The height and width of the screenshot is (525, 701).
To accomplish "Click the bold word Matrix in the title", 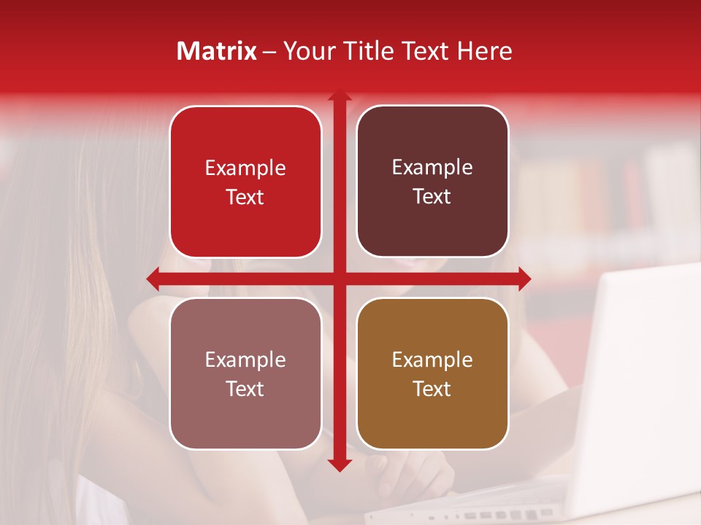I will [x=217, y=51].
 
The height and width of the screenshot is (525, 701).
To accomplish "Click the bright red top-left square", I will [x=245, y=182].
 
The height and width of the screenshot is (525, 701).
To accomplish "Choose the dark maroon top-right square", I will [x=432, y=182].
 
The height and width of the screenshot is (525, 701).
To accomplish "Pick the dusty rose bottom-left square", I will [x=245, y=373].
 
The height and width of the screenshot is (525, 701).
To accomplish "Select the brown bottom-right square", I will [x=432, y=373].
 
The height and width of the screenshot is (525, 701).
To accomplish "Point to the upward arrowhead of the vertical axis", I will [x=339, y=96].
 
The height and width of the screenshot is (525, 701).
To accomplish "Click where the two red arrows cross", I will [x=339, y=278].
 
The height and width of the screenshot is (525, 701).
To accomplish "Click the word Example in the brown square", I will [x=432, y=359].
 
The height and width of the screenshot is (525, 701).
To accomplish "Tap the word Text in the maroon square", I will [x=432, y=197].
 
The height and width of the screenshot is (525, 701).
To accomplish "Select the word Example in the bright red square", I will [x=245, y=168].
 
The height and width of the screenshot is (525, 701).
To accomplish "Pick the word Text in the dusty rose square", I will [x=245, y=389].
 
